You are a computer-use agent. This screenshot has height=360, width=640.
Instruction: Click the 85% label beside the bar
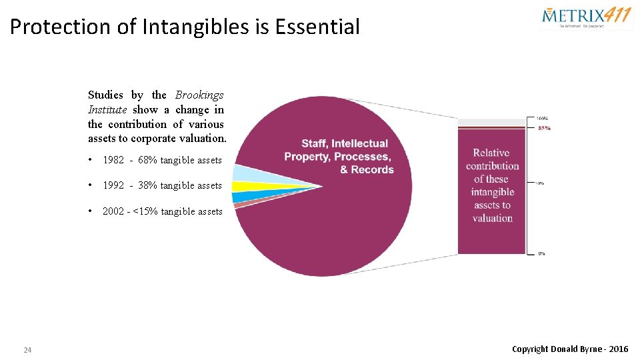pyautogui.click(x=544, y=128)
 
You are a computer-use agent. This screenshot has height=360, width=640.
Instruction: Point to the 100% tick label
pyautogui.click(x=542, y=119)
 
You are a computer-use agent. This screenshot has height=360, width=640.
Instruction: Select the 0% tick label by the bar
pyautogui.click(x=542, y=253)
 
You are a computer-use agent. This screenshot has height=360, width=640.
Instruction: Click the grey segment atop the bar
pyautogui.click(x=493, y=121)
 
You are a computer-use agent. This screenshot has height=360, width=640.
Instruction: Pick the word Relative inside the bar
pyautogui.click(x=491, y=153)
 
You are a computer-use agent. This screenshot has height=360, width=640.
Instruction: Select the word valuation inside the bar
pyautogui.click(x=493, y=218)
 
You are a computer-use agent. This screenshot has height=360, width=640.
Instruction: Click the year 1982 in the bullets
pyautogui.click(x=113, y=160)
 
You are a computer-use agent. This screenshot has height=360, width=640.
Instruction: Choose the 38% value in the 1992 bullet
pyautogui.click(x=147, y=185)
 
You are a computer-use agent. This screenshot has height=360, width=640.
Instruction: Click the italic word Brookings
pyautogui.click(x=199, y=95)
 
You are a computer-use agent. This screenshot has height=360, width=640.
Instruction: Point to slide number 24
pyautogui.click(x=27, y=350)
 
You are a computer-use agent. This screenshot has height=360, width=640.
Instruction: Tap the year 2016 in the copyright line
pyautogui.click(x=618, y=349)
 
